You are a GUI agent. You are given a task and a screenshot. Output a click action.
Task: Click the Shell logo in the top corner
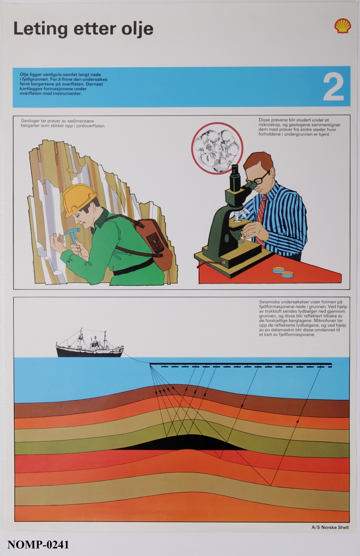(x=342, y=26)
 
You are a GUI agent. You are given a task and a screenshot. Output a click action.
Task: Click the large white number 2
(x=333, y=88)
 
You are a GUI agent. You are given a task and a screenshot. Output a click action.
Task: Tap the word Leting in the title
(x=40, y=29)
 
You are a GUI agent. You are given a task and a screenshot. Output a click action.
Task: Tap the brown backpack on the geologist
(x=153, y=244)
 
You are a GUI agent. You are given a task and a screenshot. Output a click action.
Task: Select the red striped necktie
(x=261, y=212)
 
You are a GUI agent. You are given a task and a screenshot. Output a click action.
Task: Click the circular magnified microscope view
(x=217, y=148)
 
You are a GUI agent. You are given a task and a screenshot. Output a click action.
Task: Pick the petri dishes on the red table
(x=283, y=272)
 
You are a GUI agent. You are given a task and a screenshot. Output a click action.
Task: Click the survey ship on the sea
(x=90, y=344)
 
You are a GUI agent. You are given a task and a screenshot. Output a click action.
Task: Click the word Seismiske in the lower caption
(x=269, y=302)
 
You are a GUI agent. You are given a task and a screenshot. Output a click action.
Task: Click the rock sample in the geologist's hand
(x=60, y=238)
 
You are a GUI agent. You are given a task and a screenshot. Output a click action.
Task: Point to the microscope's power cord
(x=210, y=264)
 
